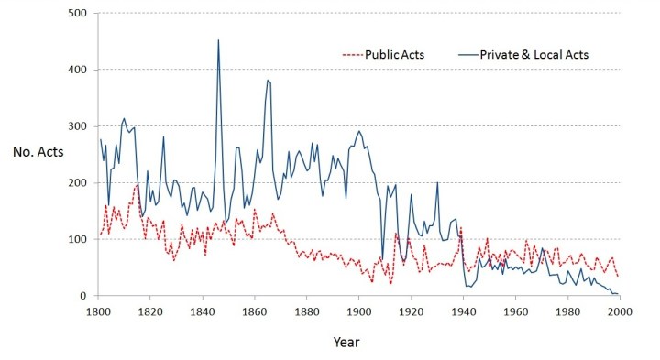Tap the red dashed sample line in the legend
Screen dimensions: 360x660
pyautogui.click(x=354, y=55)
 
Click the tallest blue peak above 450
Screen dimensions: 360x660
pyautogui.click(x=218, y=40)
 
